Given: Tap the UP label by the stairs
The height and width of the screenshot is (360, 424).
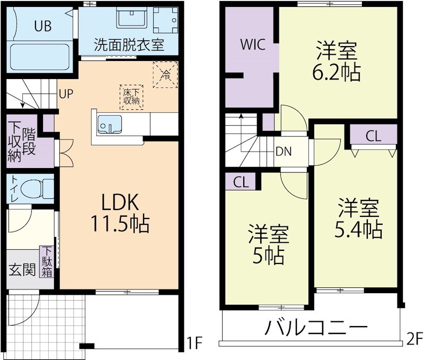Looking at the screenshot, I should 66,94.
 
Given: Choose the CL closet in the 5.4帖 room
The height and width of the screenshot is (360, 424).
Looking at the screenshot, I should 373,136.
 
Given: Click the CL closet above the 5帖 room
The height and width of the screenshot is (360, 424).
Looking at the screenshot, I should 241,182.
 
